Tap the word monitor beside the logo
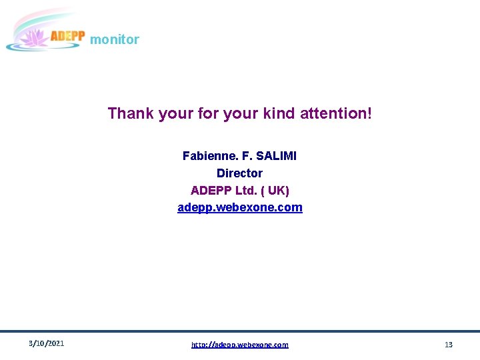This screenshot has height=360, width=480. pos(115,39)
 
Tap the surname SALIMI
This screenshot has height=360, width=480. pos(275,156)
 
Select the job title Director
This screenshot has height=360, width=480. pos(239,173)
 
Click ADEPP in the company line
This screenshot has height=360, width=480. pos(211,191)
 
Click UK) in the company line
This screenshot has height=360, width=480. pos(279,191)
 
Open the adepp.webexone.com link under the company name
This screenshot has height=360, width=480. pos(239,207)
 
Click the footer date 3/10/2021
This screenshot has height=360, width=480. pos(47,344)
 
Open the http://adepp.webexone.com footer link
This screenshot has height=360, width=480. pos(239,345)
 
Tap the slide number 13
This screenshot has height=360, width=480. pos(449,345)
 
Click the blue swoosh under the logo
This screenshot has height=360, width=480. pos(27,47)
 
